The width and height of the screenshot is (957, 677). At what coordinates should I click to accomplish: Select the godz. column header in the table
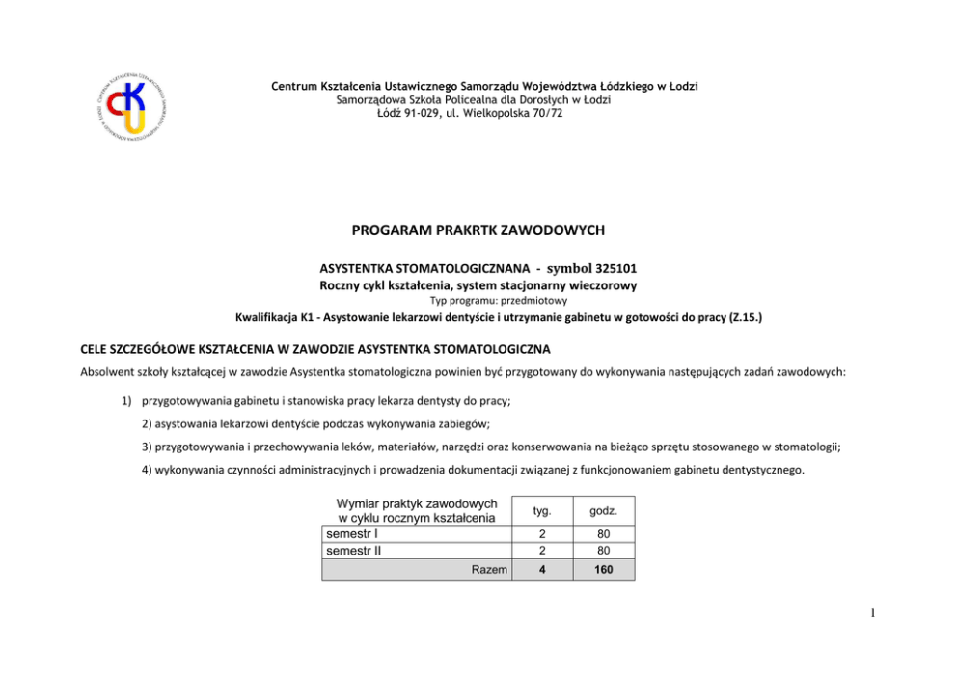[x=603, y=510]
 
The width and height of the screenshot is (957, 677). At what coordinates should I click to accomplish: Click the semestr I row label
[x=352, y=533]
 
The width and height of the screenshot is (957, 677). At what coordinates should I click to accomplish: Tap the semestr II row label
[x=354, y=551]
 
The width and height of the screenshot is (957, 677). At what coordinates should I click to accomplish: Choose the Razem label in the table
[x=489, y=570]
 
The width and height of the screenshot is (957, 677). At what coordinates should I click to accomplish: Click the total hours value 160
[x=603, y=570]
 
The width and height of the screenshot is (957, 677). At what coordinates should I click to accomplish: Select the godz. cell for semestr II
[x=603, y=551]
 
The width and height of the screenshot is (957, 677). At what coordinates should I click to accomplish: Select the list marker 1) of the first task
[x=126, y=399]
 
